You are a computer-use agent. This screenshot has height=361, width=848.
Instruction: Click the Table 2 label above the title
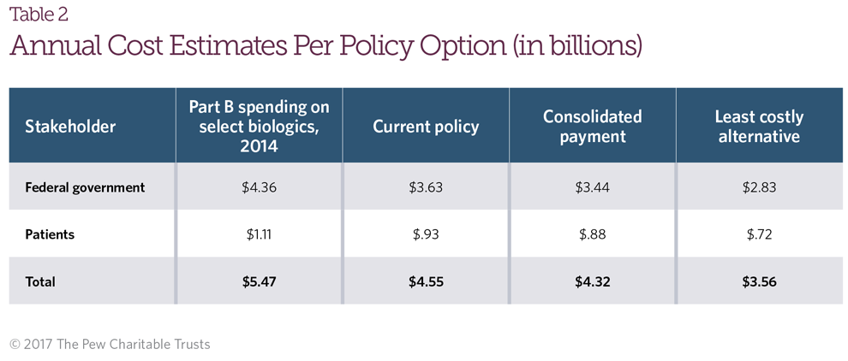(39, 15)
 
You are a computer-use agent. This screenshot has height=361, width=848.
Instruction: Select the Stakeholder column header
(70, 127)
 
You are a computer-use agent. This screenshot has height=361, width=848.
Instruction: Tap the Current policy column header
(426, 127)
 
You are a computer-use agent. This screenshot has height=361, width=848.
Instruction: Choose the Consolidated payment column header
(593, 126)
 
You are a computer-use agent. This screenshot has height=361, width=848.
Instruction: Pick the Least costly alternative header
(759, 126)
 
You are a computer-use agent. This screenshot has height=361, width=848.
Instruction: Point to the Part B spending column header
(259, 126)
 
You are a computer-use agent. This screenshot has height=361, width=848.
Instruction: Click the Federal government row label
(85, 187)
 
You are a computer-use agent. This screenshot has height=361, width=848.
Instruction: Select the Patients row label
(50, 234)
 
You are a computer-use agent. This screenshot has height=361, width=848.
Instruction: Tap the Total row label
(40, 281)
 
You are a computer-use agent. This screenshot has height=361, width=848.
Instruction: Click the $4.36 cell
(259, 187)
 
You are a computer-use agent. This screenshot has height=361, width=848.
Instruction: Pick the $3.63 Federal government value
(426, 187)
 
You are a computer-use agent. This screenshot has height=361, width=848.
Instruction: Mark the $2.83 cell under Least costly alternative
(759, 187)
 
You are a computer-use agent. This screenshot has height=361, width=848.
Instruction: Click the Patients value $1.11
(259, 234)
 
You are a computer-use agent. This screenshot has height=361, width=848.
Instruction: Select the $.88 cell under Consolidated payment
(593, 234)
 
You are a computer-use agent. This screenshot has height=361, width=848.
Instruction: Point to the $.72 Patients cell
(759, 234)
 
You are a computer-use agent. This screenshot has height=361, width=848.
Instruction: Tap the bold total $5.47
(259, 281)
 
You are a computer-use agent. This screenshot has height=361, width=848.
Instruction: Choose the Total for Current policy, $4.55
(426, 281)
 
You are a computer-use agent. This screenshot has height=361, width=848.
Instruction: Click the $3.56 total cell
(759, 281)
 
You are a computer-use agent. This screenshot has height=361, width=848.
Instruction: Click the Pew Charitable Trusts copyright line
(110, 344)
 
